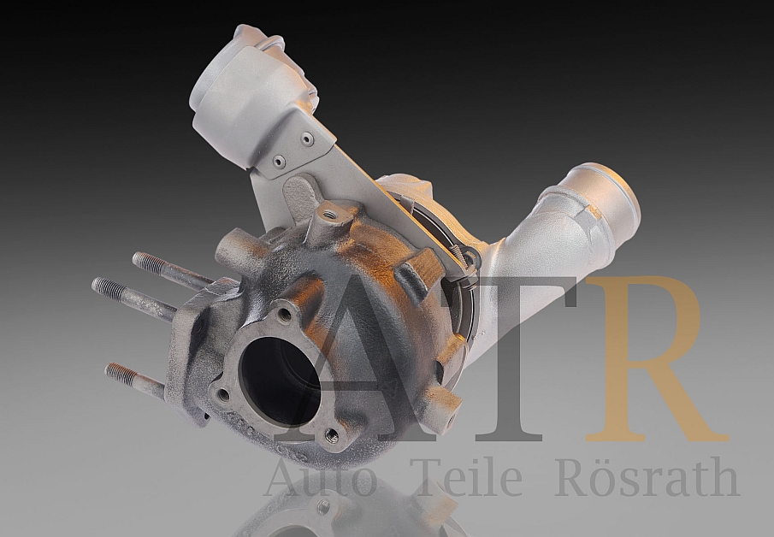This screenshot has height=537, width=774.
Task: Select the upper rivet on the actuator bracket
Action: point(306,137)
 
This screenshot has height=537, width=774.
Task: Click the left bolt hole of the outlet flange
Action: point(224,395)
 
